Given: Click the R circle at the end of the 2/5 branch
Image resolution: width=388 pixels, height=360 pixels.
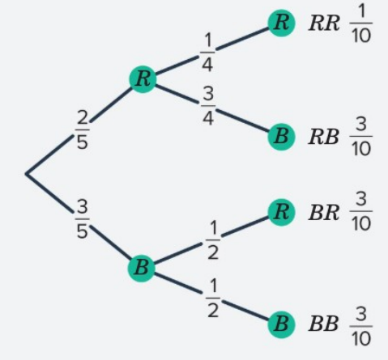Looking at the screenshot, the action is click(143, 79).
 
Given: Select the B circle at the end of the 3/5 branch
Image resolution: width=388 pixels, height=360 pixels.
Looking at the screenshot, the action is click(142, 268).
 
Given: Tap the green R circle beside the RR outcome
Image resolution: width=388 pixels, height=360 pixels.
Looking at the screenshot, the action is click(281, 23).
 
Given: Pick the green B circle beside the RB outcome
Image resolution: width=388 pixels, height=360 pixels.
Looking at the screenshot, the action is click(281, 137).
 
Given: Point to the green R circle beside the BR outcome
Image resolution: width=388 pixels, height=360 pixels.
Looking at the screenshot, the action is click(281, 213).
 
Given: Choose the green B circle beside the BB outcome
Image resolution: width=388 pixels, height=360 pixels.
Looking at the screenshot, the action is click(281, 324).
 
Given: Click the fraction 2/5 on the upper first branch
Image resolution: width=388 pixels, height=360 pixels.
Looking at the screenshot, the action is click(83, 129).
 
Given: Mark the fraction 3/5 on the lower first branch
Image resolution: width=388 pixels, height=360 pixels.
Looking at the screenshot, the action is click(83, 219).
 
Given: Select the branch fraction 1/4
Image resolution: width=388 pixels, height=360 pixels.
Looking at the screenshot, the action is click(207, 53).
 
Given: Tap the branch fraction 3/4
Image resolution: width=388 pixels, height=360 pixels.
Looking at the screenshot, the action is click(208, 106).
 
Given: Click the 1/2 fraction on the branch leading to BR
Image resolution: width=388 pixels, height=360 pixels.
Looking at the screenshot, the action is click(213, 240).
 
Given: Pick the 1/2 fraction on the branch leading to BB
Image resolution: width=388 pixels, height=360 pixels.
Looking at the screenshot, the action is click(213, 299).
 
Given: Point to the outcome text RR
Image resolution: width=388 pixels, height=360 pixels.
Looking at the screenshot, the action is click(324, 23).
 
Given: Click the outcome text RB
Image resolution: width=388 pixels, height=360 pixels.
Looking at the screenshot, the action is click(323, 137).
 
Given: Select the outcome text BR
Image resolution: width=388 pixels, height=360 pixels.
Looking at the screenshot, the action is click(324, 213).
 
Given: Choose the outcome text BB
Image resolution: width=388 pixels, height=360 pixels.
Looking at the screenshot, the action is click(323, 324).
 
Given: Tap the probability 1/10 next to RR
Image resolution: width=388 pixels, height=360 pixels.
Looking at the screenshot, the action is click(361, 23).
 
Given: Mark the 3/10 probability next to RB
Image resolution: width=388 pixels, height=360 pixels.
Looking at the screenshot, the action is click(361, 137).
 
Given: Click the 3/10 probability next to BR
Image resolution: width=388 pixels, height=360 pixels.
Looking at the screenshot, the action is click(361, 212).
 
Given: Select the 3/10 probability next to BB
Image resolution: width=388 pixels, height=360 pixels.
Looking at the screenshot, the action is click(361, 327).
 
